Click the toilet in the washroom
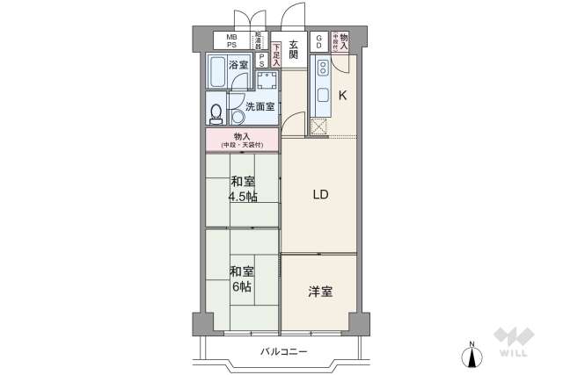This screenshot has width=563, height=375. point(216,113)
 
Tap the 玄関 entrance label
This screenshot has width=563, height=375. point(293,49)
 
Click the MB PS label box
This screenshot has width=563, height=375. point(232,40)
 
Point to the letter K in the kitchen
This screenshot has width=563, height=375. point(344,96)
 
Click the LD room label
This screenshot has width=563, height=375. point(320,195)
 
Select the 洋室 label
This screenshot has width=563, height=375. point(320,291)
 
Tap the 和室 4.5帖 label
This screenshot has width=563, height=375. point(244,189)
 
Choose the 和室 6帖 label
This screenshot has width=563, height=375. point(244,278)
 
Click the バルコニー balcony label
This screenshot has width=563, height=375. point(283,351)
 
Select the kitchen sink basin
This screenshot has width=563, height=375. point(321,96)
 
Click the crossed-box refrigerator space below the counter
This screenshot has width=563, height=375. point(318,126)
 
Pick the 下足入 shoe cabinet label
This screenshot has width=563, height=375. point(276,54)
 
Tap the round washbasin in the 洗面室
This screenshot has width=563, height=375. point(238,118)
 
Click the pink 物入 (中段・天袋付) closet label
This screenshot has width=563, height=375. point(242,139)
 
